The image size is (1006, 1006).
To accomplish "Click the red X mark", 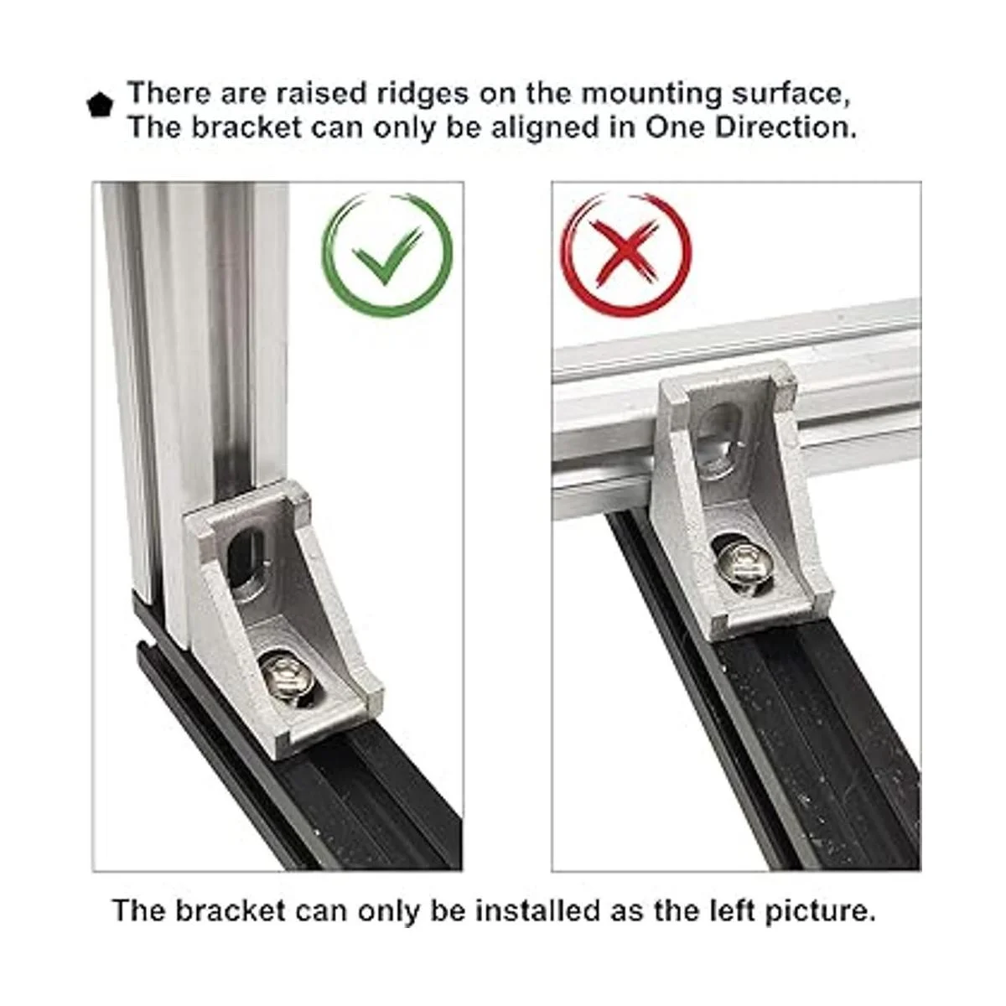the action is (626, 251).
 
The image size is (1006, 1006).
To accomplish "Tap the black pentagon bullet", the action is (100, 106).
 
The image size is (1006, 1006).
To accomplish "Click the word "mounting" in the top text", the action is (651, 95).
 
